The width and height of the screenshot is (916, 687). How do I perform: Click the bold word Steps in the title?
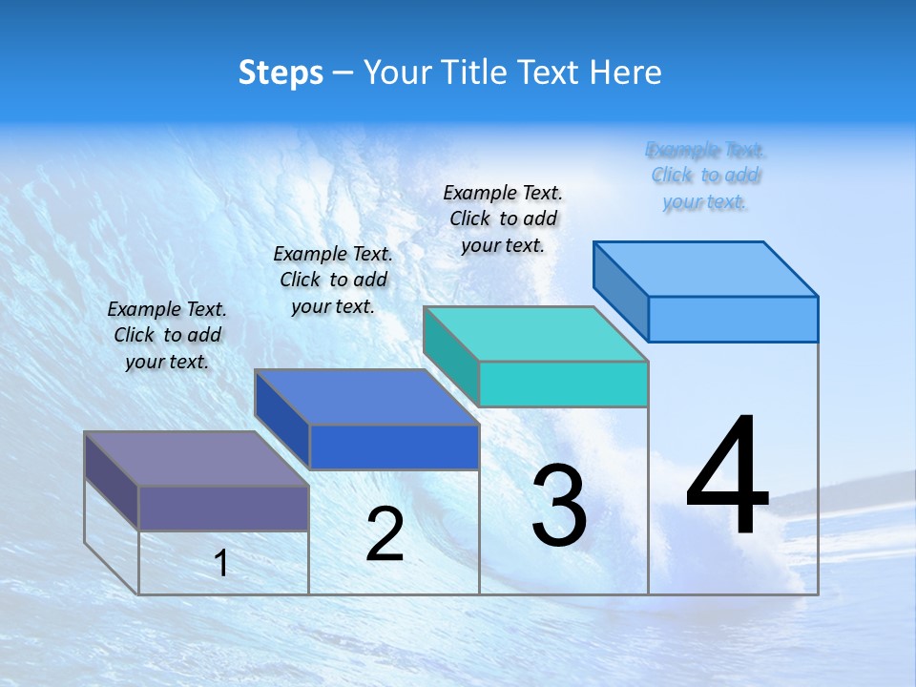coord(281,73)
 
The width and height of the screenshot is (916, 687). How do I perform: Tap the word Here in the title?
coord(625,73)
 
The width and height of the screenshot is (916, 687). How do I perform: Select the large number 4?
coord(727,477)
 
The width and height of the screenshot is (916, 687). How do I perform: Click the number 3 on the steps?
coord(559,506)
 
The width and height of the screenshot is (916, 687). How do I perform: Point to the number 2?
coord(385,534)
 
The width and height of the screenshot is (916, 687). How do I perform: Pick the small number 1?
coord(221,563)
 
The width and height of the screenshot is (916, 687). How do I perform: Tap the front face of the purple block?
coord(223,508)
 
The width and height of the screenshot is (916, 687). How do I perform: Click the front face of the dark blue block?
coord(394,447)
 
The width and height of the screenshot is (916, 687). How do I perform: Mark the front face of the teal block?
coord(563,384)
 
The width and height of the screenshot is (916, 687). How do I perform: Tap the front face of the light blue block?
coord(733,319)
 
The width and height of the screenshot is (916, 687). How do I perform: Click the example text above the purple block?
coord(167,335)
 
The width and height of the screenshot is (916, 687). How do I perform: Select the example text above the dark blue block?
coord(333,280)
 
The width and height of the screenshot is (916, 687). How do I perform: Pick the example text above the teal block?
coord(503,219)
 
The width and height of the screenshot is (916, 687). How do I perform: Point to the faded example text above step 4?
coord(705,176)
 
